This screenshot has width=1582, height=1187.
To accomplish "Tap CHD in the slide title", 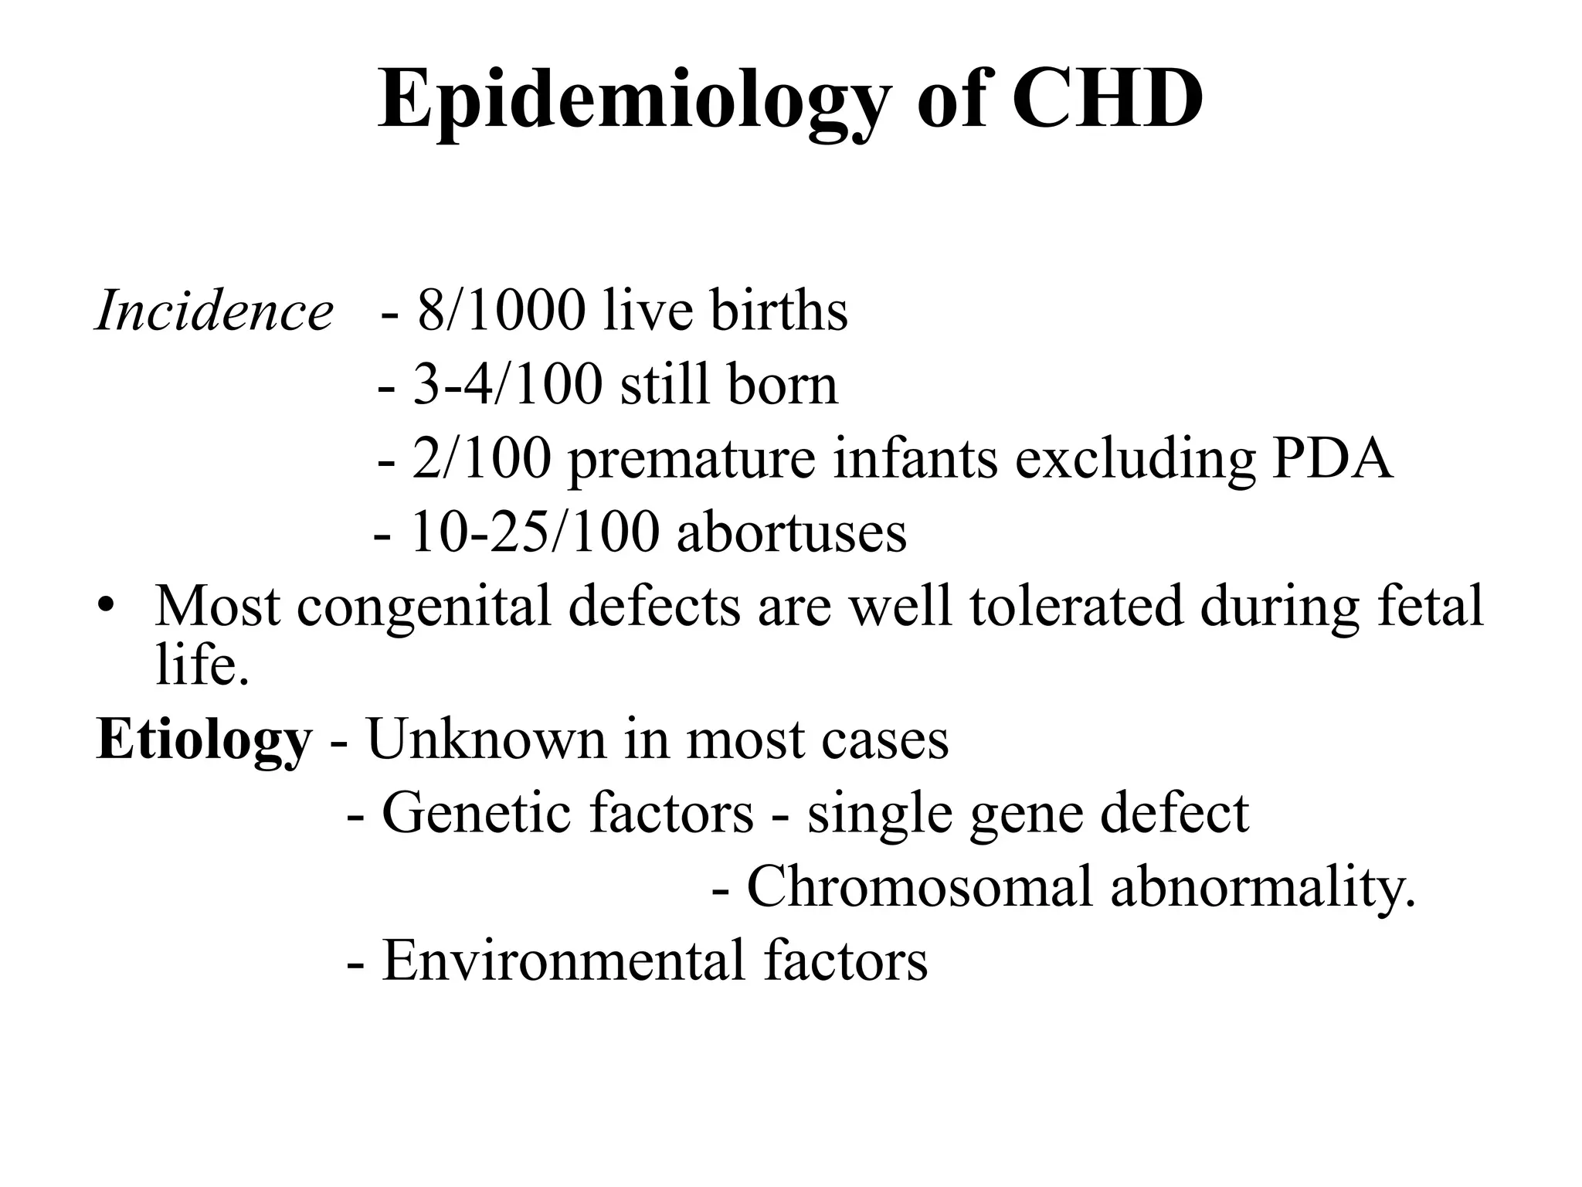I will pyautogui.click(x=1107, y=100).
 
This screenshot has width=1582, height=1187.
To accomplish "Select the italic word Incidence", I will pyautogui.click(x=214, y=311).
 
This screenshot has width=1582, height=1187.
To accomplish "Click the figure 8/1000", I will pyautogui.click(x=501, y=311).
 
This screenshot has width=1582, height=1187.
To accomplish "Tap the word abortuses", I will pyautogui.click(x=792, y=532).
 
